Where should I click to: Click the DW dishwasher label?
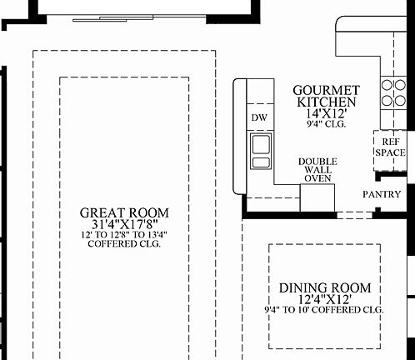coord(258,117)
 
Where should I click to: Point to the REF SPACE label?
coord(388,147)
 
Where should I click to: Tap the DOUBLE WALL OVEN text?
coord(317,169)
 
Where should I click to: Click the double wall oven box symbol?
coord(317,197)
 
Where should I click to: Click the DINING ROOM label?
coord(325,287)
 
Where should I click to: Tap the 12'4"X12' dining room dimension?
coord(325,299)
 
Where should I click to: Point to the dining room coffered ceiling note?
coord(325,310)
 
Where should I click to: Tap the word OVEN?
coord(317,177)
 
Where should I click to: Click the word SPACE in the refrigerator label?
coord(388,152)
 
